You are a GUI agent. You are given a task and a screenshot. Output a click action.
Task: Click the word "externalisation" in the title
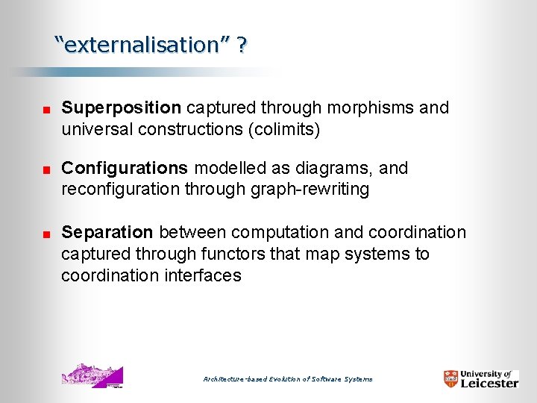141,45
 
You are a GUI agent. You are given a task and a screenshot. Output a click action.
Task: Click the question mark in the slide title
242,45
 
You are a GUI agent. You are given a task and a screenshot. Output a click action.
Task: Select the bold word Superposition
121,108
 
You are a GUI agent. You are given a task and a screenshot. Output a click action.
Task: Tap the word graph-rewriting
308,190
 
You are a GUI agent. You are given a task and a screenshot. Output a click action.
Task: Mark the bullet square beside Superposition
46,110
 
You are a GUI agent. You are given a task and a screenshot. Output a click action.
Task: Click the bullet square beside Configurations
46,170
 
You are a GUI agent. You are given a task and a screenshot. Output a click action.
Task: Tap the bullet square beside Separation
46,235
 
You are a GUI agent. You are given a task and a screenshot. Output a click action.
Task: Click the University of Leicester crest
450,378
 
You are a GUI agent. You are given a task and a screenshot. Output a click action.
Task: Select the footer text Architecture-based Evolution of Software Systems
288,379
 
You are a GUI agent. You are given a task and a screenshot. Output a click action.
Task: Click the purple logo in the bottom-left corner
92,375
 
